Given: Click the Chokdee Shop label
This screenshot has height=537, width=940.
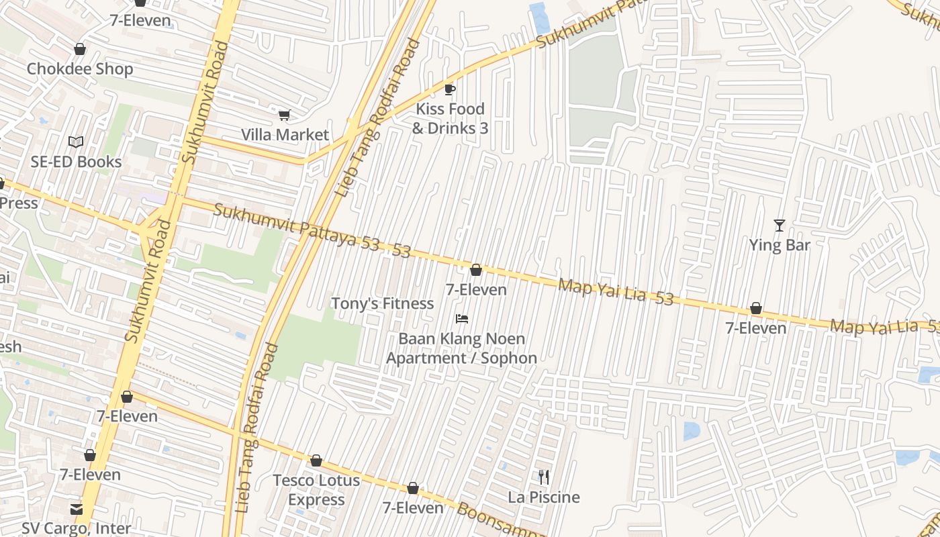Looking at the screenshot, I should pyautogui.click(x=80, y=68).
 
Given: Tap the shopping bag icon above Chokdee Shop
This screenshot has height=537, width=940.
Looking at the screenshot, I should pyautogui.click(x=80, y=50).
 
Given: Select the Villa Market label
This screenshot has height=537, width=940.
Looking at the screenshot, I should pyautogui.click(x=285, y=134).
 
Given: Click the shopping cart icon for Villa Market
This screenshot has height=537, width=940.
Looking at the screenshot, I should pyautogui.click(x=285, y=115).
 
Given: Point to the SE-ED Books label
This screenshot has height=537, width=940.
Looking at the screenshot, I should pyautogui.click(x=76, y=162).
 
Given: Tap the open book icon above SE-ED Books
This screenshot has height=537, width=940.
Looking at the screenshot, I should pyautogui.click(x=76, y=142).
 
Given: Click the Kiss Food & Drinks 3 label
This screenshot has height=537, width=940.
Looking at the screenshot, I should pyautogui.click(x=450, y=118).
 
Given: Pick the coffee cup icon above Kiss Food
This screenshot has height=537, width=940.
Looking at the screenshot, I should pyautogui.click(x=450, y=89).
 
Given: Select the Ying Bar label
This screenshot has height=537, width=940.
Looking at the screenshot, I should pyautogui.click(x=780, y=245).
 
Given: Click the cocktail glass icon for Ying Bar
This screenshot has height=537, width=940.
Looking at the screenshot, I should pyautogui.click(x=780, y=226).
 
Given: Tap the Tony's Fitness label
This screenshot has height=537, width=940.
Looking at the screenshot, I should pyautogui.click(x=382, y=303).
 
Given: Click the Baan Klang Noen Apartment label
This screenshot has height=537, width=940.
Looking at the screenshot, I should pyautogui.click(x=461, y=348).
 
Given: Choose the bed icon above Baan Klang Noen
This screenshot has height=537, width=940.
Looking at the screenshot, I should pyautogui.click(x=461, y=319).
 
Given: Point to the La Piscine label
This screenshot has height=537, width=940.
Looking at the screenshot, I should pyautogui.click(x=544, y=497).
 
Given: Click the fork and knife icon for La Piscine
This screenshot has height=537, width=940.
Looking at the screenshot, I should pyautogui.click(x=544, y=478).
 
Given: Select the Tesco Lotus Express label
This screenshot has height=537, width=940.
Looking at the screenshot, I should pyautogui.click(x=316, y=490).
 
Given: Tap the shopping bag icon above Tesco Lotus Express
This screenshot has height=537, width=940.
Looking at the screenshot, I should pyautogui.click(x=316, y=461).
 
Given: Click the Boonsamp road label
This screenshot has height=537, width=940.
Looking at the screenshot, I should pyautogui.click(x=500, y=521).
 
